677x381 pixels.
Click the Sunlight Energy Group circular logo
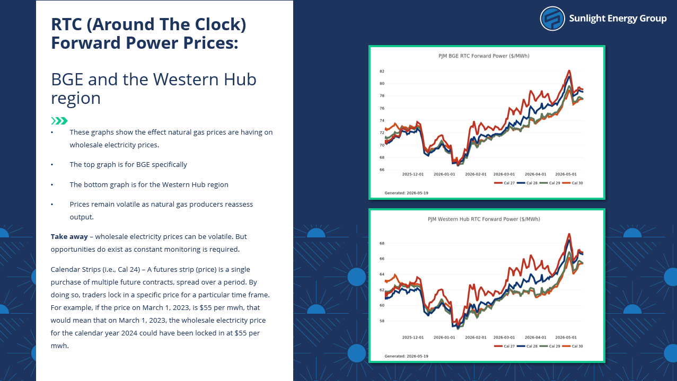[x=552, y=19]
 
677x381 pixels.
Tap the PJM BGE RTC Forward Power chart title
[x=483, y=56]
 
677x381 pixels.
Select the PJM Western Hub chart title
[x=483, y=219]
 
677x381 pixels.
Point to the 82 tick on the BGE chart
[x=382, y=72]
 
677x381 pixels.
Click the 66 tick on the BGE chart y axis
[x=382, y=170]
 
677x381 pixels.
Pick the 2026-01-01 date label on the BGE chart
[x=444, y=174]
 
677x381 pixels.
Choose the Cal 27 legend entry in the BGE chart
[x=504, y=183]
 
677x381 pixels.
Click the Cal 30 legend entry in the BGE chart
[x=573, y=183]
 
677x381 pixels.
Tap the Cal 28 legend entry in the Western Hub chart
[x=527, y=346]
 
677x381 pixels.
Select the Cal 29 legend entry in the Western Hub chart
[x=550, y=346]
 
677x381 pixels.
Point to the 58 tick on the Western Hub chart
[x=382, y=321]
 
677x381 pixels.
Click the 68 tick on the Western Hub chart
[x=382, y=243]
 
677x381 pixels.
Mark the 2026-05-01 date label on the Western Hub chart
[x=566, y=338]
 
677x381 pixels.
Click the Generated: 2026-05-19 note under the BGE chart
[x=406, y=193]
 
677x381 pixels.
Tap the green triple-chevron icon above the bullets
[x=59, y=121]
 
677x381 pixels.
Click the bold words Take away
[x=69, y=236]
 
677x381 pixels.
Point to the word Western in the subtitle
[x=186, y=79]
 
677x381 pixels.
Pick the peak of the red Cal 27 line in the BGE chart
[x=569, y=70]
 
